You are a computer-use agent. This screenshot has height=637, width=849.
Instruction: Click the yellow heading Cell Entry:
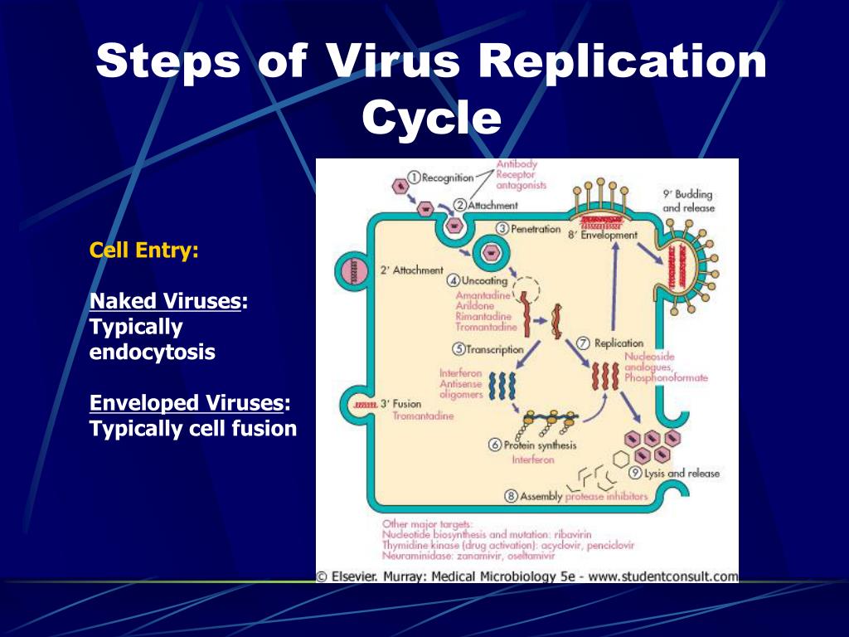[144, 250]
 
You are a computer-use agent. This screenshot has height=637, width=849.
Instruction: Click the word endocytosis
[152, 352]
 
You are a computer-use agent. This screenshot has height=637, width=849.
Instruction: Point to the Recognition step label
[446, 177]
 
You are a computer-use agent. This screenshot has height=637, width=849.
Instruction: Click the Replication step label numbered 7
[618, 343]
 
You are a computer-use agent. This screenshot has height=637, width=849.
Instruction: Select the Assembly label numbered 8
[540, 496]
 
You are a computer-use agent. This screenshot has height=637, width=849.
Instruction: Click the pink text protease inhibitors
[606, 496]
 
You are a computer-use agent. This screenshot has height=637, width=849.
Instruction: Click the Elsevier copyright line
[526, 575]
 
